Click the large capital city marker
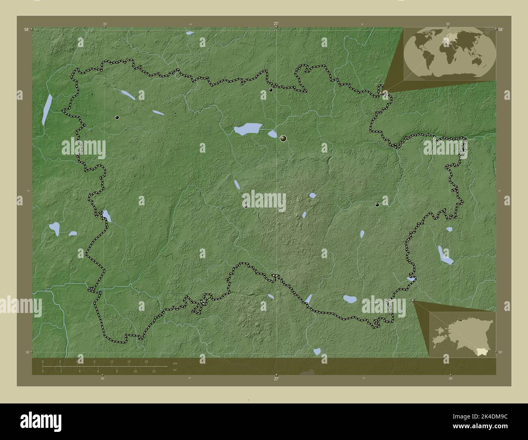point(283,139)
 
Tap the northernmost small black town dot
point(271,90)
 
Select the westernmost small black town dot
point(117,117)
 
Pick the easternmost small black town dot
point(377,205)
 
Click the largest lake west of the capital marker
point(247,129)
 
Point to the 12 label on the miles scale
point(154,371)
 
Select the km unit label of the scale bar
point(175,363)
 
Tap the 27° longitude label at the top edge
point(276,24)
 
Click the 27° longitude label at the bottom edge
point(276,379)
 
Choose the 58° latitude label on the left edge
point(26,29)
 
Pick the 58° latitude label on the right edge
point(500,29)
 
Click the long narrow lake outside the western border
point(47,110)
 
